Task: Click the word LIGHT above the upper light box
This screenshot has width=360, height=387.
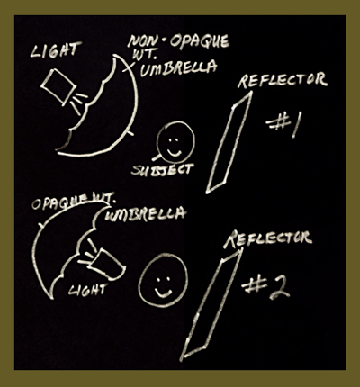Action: (56, 50)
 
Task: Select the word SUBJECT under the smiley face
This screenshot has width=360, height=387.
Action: (163, 169)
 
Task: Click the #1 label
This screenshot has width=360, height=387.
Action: (283, 125)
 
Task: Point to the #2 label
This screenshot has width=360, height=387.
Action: (265, 288)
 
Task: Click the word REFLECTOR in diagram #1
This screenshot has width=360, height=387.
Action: (282, 80)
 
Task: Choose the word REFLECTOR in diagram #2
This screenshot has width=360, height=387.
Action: (268, 238)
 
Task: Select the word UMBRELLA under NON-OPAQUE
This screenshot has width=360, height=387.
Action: (178, 68)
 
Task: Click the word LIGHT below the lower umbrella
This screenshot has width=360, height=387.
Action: (87, 290)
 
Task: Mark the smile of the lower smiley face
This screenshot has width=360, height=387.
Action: (164, 293)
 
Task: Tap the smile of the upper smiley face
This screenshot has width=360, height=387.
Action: (174, 151)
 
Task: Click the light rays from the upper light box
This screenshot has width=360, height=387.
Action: (78, 103)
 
